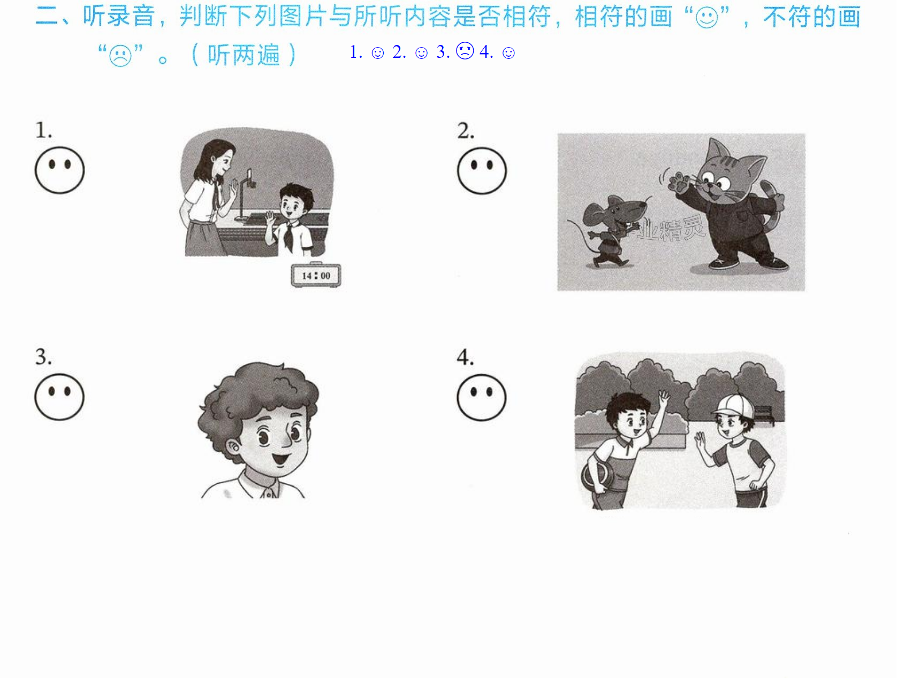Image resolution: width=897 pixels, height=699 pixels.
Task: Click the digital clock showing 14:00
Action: (316, 275)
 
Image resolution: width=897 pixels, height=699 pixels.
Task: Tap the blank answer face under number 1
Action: (59, 170)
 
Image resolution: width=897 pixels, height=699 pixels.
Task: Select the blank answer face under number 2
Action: (482, 171)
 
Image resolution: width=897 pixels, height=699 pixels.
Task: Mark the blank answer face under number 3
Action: (59, 397)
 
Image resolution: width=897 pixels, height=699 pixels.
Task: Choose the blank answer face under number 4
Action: (482, 398)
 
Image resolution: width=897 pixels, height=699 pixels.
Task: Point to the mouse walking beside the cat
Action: (610, 230)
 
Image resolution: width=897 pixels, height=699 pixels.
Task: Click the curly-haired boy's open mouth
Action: (280, 459)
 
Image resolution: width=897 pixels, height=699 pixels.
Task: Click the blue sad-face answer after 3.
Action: (465, 51)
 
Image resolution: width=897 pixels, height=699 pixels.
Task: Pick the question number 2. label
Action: (466, 131)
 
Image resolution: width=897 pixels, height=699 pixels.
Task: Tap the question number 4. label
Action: (465, 357)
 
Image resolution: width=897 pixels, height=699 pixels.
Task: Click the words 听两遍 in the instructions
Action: (244, 55)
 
